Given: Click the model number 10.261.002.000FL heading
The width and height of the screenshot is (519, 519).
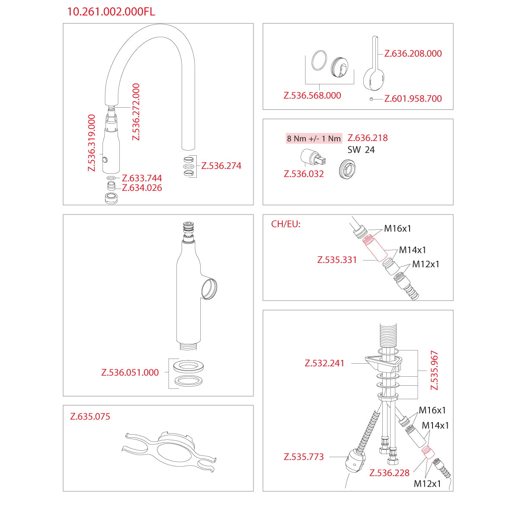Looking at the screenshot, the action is pyautogui.click(x=111, y=12).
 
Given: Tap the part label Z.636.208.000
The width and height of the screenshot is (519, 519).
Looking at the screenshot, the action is pyautogui.click(x=413, y=53).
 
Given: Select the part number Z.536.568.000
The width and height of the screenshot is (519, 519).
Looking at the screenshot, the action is pyautogui.click(x=312, y=95).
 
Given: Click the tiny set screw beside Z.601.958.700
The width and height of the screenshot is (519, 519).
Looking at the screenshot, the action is pyautogui.click(x=371, y=99).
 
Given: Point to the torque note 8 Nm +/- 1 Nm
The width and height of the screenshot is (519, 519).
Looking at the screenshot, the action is pyautogui.click(x=314, y=138).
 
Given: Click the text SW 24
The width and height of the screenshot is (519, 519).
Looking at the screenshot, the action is pyautogui.click(x=361, y=150).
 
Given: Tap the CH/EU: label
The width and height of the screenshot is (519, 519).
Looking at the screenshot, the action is pyautogui.click(x=285, y=224).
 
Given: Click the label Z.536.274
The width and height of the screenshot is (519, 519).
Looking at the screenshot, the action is pyautogui.click(x=221, y=166).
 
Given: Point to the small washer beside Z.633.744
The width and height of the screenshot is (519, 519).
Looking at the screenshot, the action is pyautogui.click(x=111, y=178).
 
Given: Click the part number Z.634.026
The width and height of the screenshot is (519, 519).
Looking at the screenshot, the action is pyautogui.click(x=142, y=188).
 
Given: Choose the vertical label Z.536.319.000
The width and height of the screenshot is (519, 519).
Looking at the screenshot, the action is pyautogui.click(x=92, y=143).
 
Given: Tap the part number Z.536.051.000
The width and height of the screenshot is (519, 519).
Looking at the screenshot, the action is pyautogui.click(x=130, y=372).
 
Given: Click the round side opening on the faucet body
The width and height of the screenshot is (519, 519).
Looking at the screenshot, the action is pyautogui.click(x=209, y=289).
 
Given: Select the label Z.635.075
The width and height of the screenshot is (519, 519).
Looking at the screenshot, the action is pyautogui.click(x=90, y=416).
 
